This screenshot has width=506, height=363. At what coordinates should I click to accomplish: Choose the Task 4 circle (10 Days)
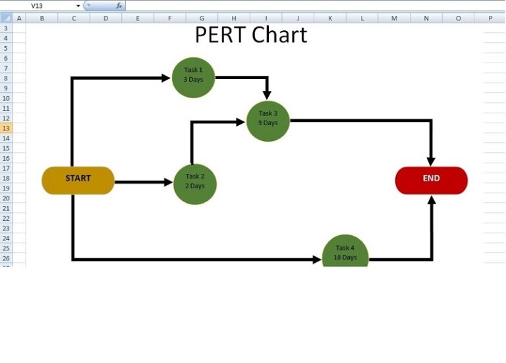(x=345, y=252)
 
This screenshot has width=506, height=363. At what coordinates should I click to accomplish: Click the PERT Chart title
(x=250, y=35)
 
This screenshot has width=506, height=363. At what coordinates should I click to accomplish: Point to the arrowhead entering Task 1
(x=165, y=78)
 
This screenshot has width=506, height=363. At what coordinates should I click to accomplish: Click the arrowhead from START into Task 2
(x=168, y=182)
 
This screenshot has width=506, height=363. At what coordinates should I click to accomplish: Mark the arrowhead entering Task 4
(x=317, y=260)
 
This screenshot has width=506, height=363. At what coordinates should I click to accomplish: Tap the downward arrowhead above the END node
(x=431, y=161)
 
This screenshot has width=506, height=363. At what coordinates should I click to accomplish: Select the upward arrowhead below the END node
(x=432, y=200)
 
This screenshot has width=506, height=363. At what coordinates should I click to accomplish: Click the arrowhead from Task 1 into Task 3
(x=267, y=96)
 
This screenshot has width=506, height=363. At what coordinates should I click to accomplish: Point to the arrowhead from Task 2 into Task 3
(x=240, y=121)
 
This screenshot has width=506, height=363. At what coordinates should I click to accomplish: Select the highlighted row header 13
(x=6, y=128)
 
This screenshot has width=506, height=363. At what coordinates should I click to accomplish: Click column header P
(x=490, y=18)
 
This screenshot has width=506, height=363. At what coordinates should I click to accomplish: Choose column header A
(x=18, y=18)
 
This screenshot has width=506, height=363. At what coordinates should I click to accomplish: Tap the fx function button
(x=119, y=5)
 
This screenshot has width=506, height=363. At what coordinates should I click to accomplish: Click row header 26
(x=6, y=258)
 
